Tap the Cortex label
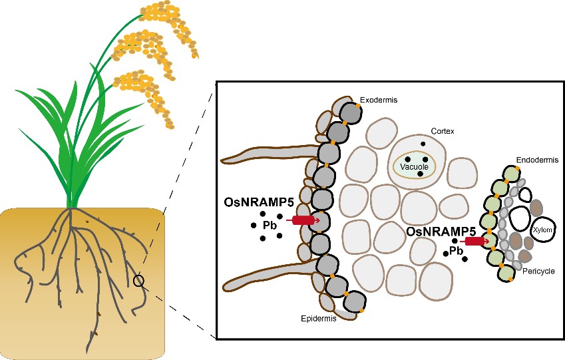442,132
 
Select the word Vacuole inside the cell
414,168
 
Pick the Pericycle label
538,271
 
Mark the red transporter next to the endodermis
475,241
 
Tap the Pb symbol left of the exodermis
269,225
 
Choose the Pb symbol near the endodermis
455,251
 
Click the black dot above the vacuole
422,144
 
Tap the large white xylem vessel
542,229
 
